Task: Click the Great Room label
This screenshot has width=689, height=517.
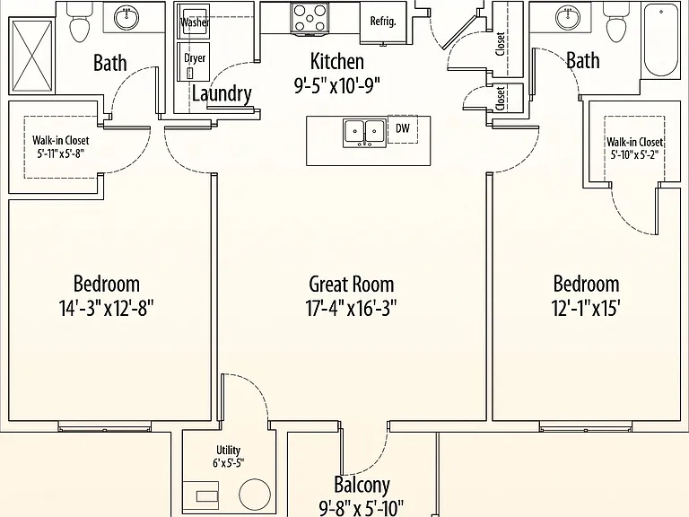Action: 351,284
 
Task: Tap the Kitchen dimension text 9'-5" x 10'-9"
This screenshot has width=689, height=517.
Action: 337,85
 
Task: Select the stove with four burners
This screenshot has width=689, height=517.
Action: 310,18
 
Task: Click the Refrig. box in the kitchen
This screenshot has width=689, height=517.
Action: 383,22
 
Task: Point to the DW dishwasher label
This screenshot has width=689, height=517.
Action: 403,128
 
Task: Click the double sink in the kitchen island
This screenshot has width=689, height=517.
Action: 365,133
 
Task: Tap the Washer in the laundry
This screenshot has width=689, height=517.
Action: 194,22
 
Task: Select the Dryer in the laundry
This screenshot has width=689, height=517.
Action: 194,62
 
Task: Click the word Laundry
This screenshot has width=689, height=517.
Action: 222,93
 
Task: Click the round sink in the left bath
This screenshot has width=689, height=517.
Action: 126,18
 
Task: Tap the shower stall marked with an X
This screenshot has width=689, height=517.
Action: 31,56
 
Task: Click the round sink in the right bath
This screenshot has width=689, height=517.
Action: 568,18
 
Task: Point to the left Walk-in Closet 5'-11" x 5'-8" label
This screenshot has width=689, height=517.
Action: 60,147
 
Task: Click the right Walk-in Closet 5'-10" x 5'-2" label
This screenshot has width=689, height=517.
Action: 634,148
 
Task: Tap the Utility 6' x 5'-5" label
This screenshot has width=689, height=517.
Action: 229,456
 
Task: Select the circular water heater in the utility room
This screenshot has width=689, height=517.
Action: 255,495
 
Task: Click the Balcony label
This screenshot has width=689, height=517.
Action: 362,485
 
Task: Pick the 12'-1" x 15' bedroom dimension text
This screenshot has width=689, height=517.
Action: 586,309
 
